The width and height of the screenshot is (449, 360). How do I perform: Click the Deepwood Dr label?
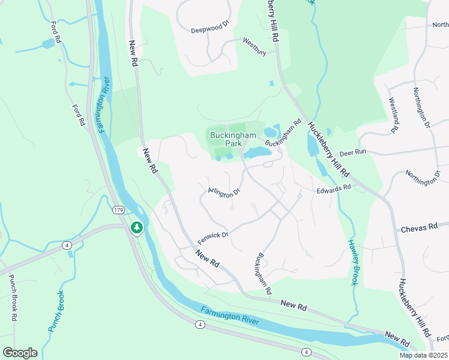pyautogui.click(x=210, y=28)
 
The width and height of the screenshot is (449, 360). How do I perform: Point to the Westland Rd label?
pyautogui.click(x=394, y=115)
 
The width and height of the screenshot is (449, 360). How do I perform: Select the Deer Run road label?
pyautogui.click(x=352, y=152)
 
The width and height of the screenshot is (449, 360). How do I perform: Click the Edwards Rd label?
pyautogui.click(x=333, y=188)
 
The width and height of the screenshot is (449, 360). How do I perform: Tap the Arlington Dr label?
pyautogui.click(x=224, y=191)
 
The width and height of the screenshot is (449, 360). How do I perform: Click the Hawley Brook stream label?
pyautogui.click(x=355, y=262)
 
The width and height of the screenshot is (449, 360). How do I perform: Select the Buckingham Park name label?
pyautogui.click(x=226, y=139)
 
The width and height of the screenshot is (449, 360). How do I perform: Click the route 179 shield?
pyautogui.click(x=118, y=209)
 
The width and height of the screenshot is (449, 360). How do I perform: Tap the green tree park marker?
pyautogui.click(x=137, y=228)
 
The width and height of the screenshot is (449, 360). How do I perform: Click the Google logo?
pyautogui.click(x=20, y=353)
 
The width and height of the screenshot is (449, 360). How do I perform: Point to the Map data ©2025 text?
pyautogui.click(x=423, y=355)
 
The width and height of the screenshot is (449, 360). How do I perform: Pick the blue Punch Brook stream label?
pyautogui.click(x=56, y=311)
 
